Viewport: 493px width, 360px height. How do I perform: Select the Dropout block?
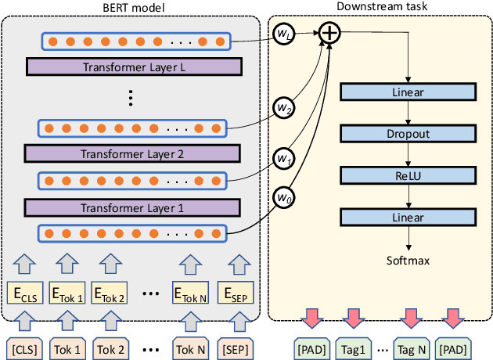click(x=407, y=134)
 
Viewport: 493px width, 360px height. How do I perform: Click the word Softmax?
click(x=407, y=258)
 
